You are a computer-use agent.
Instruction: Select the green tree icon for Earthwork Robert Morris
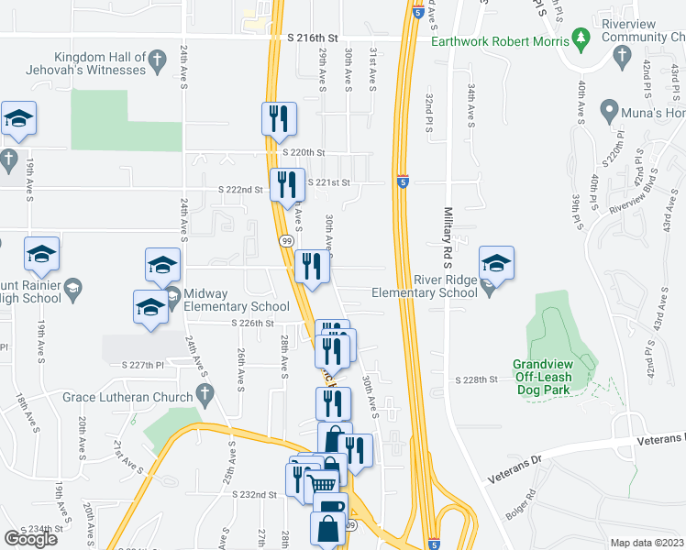point(580,38)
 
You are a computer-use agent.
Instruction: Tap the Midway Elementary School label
point(236,300)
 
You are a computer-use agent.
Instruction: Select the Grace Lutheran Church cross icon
point(205,396)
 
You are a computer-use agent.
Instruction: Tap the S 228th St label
point(476,379)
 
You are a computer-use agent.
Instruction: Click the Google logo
point(31,538)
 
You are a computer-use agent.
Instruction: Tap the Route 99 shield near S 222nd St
point(285,240)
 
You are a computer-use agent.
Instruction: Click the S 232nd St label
point(254,494)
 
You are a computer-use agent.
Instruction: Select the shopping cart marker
point(320,483)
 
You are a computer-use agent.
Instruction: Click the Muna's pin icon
point(608,112)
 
